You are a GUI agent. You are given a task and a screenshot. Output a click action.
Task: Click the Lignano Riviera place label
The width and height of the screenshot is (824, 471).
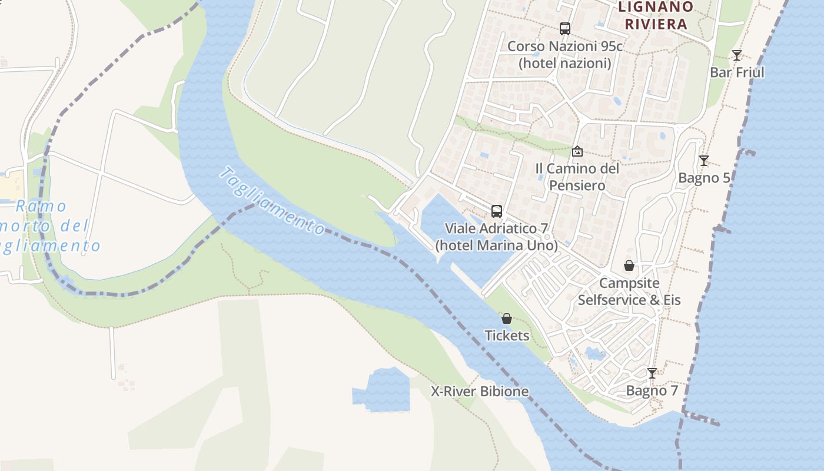coord(656,15)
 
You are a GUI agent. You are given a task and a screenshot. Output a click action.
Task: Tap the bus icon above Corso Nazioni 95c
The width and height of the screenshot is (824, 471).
coord(565,28)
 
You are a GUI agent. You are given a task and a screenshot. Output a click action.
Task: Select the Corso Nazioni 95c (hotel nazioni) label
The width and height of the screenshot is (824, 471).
coord(565,54)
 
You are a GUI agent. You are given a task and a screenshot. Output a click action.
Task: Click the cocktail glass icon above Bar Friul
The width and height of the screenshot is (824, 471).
coord(737,55)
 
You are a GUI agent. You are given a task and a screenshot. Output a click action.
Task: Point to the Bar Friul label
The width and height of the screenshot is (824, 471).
coord(737,72)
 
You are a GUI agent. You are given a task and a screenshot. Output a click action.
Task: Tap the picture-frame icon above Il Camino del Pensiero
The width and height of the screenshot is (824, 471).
coord(577,151)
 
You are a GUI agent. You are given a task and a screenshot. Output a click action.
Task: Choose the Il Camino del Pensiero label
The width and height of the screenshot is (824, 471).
coord(577,177)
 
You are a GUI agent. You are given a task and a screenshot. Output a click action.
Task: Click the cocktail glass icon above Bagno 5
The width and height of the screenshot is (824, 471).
coord(703,161)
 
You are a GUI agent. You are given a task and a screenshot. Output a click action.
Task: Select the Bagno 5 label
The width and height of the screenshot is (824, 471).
coord(704,178)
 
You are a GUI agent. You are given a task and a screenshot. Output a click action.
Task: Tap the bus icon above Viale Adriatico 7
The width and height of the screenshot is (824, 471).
coord(497,211)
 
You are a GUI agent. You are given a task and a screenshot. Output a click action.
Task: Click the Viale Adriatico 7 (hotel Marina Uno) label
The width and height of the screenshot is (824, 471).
coord(497,236)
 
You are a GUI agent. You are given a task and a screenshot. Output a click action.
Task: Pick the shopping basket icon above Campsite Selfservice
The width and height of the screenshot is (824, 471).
coord(629,266)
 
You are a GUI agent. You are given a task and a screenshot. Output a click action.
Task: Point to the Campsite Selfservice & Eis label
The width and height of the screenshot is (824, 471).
coord(629,291)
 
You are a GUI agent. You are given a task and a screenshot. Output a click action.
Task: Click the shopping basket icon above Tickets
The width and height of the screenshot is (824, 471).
coord(507,319)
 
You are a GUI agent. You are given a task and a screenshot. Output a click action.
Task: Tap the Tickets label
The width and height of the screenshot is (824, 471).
coord(507,336)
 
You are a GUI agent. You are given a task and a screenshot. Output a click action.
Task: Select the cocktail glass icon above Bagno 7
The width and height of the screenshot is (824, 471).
coord(652,373)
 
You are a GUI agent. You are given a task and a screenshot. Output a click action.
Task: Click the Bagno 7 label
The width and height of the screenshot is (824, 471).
coord(652,390)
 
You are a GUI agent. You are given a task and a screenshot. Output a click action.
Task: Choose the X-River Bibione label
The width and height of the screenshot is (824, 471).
coord(480,392)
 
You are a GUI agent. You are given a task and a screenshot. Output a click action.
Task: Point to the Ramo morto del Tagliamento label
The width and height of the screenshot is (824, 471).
coord(50,226)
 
